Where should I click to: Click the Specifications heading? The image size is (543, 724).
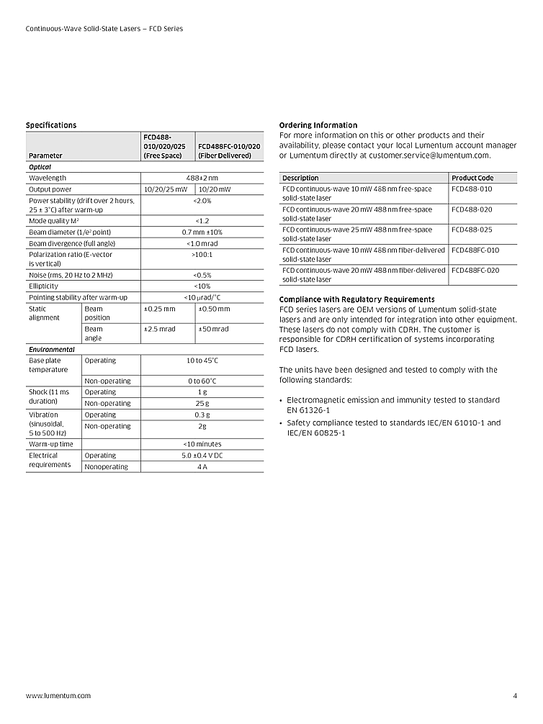(x=51, y=125)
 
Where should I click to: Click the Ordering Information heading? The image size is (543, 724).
(x=318, y=125)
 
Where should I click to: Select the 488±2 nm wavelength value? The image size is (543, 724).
(x=202, y=178)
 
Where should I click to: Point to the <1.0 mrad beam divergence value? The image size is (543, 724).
(x=202, y=243)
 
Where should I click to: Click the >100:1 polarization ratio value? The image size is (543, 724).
(x=202, y=254)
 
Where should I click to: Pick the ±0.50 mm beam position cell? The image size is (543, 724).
(x=214, y=309)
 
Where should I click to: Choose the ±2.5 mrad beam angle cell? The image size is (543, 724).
(x=160, y=329)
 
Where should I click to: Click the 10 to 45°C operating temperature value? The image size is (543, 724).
(x=202, y=361)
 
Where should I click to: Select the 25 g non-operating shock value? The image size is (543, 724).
(x=202, y=403)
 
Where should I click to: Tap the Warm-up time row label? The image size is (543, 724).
(x=51, y=444)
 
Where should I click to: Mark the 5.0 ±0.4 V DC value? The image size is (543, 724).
(x=202, y=456)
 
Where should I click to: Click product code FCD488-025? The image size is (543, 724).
(x=472, y=230)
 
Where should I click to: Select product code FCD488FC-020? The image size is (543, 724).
(x=475, y=270)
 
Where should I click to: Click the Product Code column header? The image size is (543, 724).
(x=472, y=178)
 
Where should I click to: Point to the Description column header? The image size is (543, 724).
(x=300, y=178)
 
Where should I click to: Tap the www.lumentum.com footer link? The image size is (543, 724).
(x=58, y=696)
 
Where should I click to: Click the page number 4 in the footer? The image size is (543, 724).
(x=515, y=696)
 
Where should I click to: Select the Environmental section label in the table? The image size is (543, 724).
(x=51, y=349)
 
